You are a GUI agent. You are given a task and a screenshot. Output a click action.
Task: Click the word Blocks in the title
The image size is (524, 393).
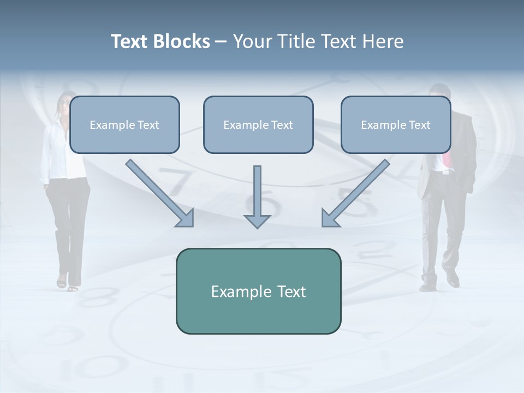(x=183, y=41)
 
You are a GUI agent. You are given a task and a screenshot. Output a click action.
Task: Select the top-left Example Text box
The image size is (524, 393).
(x=124, y=125)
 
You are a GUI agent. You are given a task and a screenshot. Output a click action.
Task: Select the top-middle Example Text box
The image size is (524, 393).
(x=258, y=125)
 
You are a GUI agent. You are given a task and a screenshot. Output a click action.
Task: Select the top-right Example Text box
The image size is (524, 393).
(x=396, y=125)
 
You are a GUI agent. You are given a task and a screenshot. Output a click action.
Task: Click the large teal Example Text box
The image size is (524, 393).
(x=258, y=291)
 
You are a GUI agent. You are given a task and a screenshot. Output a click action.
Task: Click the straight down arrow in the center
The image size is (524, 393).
(x=257, y=197)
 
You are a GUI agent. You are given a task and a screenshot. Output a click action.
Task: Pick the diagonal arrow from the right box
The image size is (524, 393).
(x=355, y=193)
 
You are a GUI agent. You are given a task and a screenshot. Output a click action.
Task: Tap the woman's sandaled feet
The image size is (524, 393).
(x=68, y=284)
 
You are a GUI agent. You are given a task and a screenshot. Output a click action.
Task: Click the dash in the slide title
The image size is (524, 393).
(x=221, y=41)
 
